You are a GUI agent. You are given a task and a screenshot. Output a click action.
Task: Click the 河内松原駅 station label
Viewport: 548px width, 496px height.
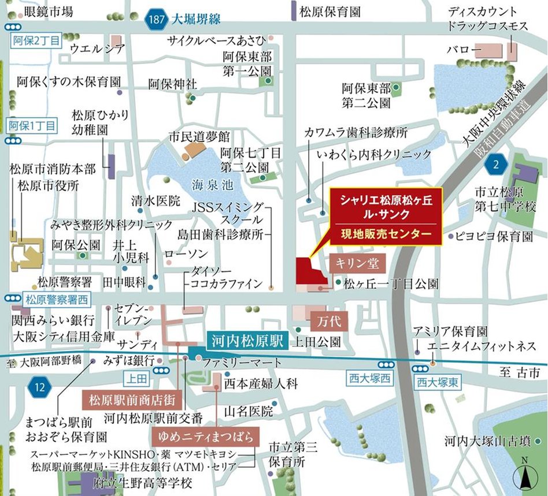click(x=245, y=340)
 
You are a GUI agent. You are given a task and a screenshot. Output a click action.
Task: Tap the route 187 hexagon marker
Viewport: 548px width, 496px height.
click(x=155, y=19)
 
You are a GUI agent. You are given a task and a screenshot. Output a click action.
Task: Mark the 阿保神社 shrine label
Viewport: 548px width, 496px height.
click(x=172, y=84)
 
